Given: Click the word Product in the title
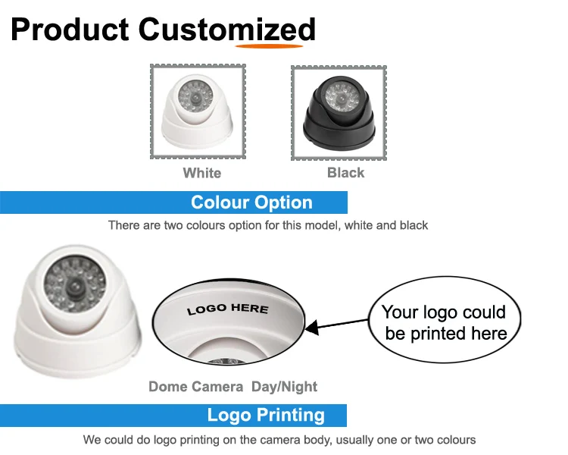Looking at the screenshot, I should pyautogui.click(x=70, y=30).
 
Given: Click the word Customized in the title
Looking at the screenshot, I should pyautogui.click(x=226, y=30).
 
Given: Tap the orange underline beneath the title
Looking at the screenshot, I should pyautogui.click(x=270, y=45).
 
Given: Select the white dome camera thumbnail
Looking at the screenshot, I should pyautogui.click(x=197, y=111).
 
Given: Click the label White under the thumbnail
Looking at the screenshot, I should pyautogui.click(x=201, y=173).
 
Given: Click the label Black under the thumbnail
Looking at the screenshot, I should pyautogui.click(x=345, y=173).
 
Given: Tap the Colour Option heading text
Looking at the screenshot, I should pyautogui.click(x=251, y=202).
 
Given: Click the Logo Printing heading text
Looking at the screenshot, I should pyautogui.click(x=266, y=416).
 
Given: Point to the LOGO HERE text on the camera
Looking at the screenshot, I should pyautogui.click(x=227, y=309).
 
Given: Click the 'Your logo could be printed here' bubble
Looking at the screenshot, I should pyautogui.click(x=444, y=323).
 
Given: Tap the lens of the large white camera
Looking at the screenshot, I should pyautogui.click(x=76, y=288).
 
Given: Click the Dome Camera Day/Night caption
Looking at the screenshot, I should pyautogui.click(x=233, y=387).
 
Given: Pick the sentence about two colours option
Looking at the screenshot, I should pyautogui.click(x=267, y=225).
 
